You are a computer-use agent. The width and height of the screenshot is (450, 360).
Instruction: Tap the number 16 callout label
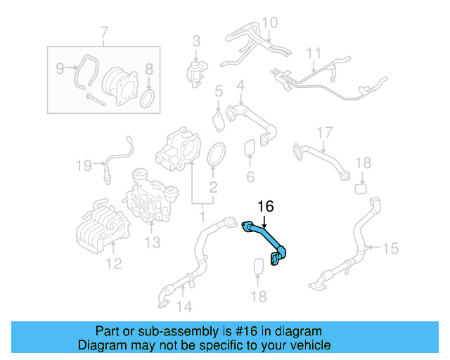265,206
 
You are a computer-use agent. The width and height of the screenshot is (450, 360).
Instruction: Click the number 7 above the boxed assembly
105,32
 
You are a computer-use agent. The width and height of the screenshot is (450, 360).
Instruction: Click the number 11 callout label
313,53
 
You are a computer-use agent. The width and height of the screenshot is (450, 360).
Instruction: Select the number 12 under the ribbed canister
113,264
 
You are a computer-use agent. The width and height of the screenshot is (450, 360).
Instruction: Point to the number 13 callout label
153,243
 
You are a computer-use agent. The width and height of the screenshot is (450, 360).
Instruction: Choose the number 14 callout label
184,306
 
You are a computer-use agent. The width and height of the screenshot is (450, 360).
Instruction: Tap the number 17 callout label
323,133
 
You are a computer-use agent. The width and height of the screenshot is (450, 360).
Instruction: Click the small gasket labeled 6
250,148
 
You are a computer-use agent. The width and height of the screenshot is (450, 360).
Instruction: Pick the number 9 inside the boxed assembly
60,68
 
